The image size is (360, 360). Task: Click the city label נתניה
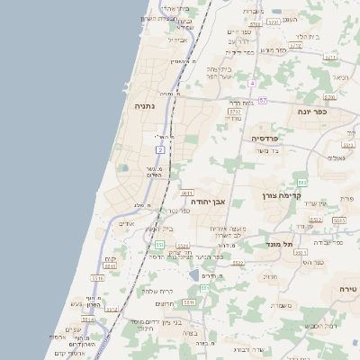click(145, 106)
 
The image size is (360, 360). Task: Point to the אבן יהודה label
click(234, 202)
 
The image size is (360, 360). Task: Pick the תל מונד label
click(280, 244)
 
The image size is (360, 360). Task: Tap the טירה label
click(342, 288)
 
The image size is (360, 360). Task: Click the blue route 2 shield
click(160, 148)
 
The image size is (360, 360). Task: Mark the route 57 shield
click(262, 100)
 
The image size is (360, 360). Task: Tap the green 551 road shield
click(159, 244)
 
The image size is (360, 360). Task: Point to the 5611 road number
click(187, 193)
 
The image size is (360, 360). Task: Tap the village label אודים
click(126, 223)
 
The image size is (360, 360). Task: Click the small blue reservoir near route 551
click(195, 274)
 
